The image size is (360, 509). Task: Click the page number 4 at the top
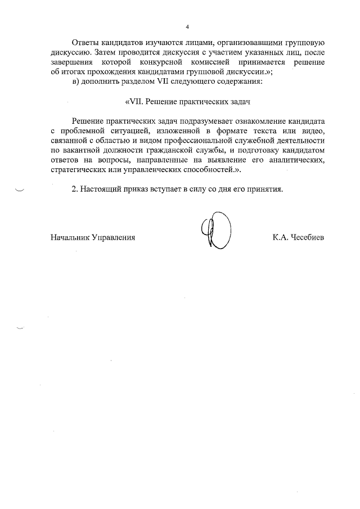coord(187,26)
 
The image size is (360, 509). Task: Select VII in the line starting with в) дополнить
coord(156,82)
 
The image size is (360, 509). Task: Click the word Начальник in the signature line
coord(70,237)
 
